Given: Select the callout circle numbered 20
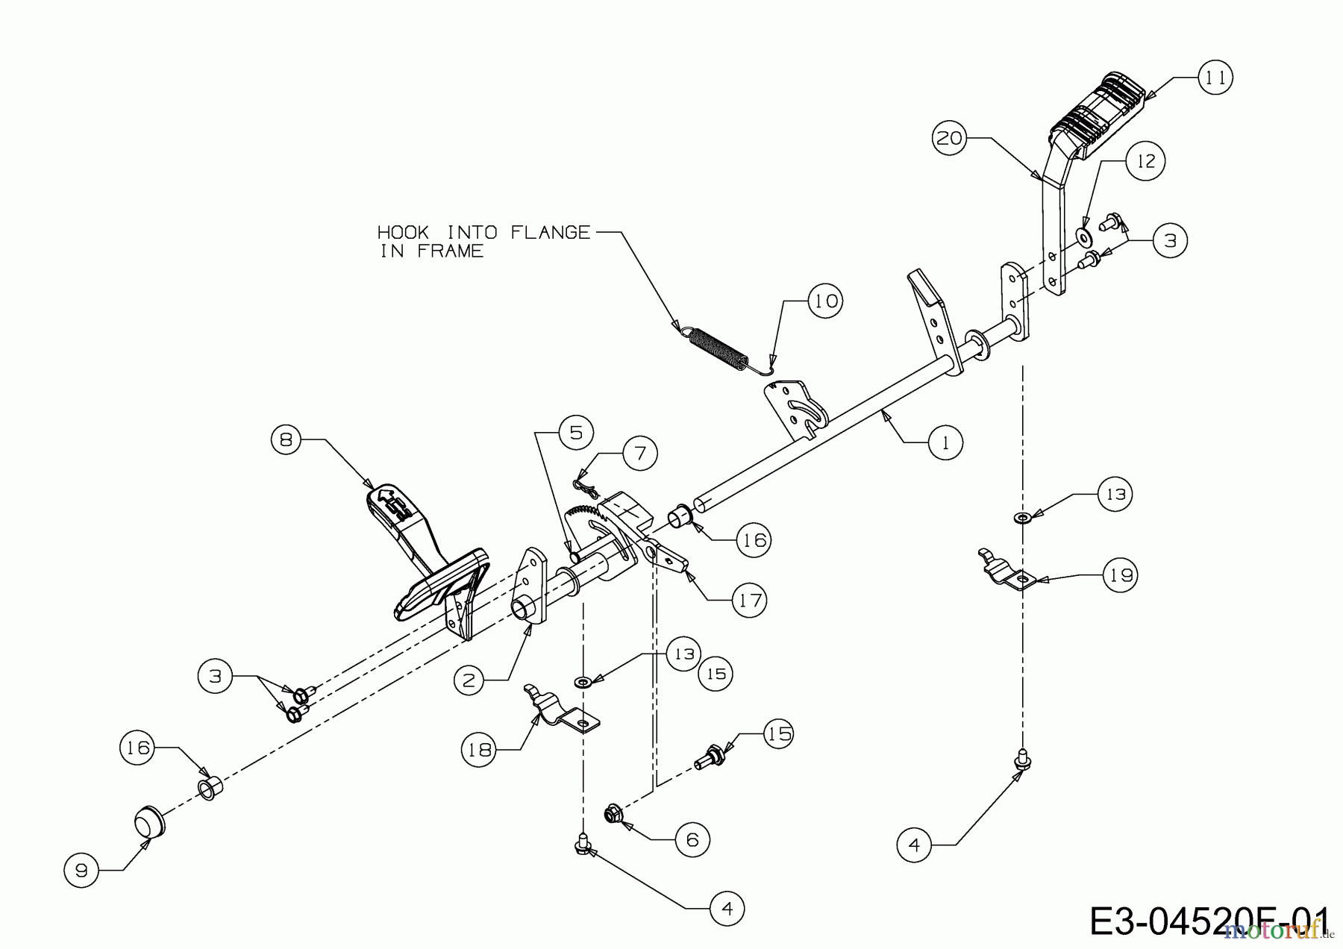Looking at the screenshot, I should click(x=951, y=138).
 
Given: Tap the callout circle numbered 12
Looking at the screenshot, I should click(x=1146, y=161).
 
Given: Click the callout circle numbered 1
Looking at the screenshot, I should click(x=946, y=443).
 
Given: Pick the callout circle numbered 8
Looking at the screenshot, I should click(x=286, y=439).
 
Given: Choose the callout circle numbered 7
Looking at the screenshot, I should click(x=640, y=453).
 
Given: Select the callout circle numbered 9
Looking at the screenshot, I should click(x=81, y=870).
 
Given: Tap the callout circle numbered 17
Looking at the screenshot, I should click(x=749, y=600).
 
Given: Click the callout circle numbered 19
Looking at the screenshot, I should click(x=1121, y=575).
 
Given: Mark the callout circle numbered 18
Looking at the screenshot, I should click(x=479, y=749).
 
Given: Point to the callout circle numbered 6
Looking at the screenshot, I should click(x=692, y=840).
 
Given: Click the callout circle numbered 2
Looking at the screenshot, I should click(x=469, y=680).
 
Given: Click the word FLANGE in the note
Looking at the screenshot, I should click(x=550, y=232).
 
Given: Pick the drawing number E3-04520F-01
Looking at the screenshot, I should click(x=1209, y=922).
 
